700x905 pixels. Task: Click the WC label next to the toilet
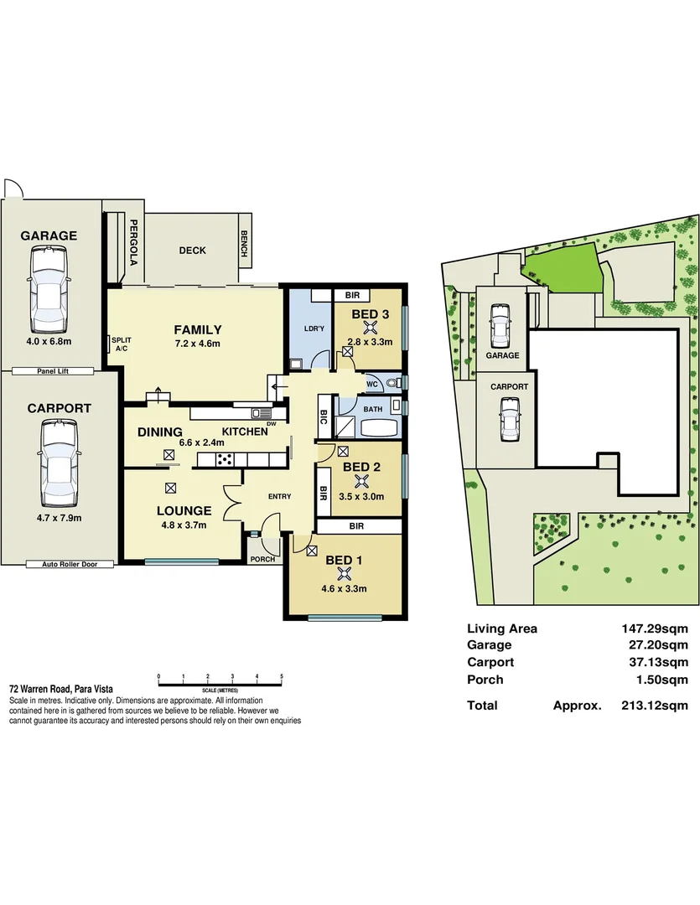coord(372,384)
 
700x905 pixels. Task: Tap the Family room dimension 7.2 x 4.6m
coord(197,344)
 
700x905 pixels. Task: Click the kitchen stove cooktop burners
coord(225,458)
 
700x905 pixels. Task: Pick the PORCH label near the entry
coord(262,559)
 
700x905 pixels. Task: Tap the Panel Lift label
coord(53,370)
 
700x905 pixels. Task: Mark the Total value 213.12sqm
coord(654,706)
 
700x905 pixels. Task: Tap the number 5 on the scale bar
coord(282,675)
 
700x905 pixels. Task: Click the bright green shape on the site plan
coord(563,269)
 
